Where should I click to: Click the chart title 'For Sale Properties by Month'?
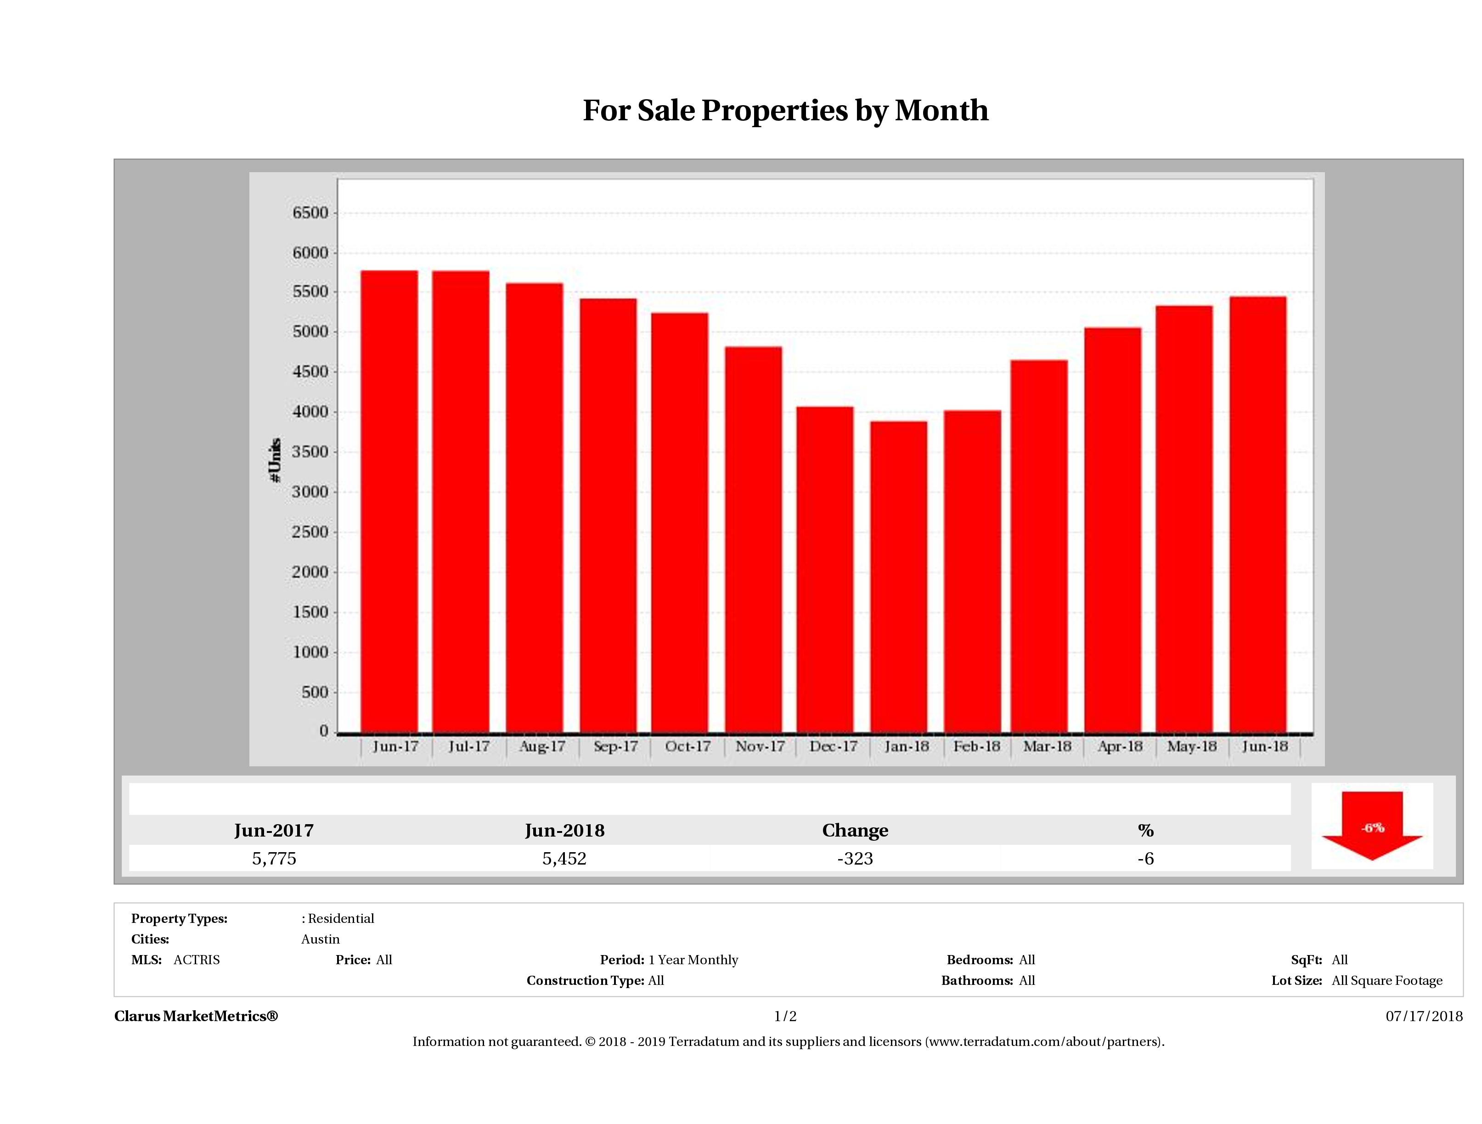point(785,111)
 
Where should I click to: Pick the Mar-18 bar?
point(1039,546)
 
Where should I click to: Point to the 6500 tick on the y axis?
point(311,213)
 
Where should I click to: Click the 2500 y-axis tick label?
point(311,533)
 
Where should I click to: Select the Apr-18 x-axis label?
point(1120,746)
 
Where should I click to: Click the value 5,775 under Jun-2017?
point(274,859)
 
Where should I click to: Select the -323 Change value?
point(855,859)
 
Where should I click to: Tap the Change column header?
point(855,831)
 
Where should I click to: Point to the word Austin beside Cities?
point(320,939)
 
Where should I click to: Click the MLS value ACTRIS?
point(196,960)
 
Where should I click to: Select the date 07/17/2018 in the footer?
point(1424,1016)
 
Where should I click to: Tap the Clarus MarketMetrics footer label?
point(196,1016)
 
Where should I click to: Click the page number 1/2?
point(785,1016)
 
